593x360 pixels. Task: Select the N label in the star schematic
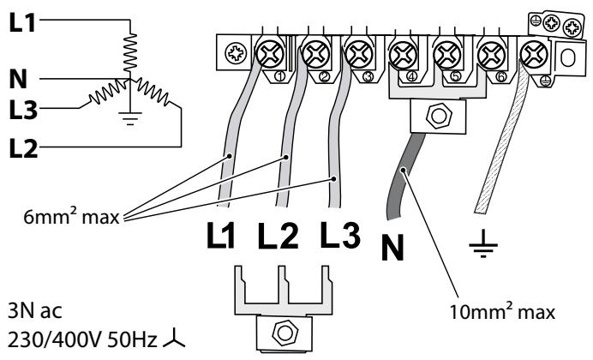17,80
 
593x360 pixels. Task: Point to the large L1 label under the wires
225,233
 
